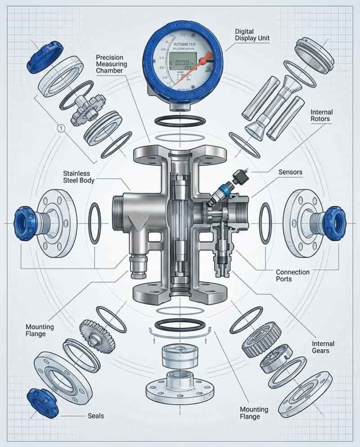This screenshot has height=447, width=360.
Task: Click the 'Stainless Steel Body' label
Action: point(76,177)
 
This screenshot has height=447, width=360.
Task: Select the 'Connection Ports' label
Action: point(292,275)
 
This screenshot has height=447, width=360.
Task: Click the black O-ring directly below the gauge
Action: point(180,120)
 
